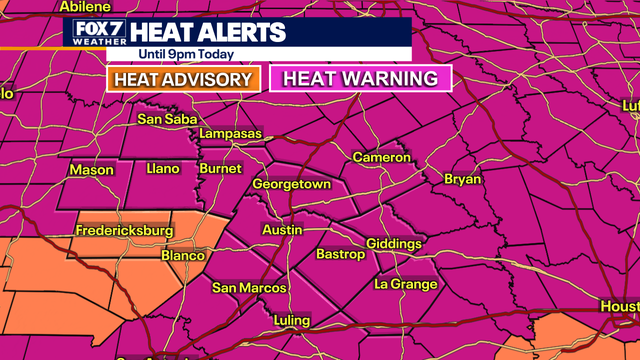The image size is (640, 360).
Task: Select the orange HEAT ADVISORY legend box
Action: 182,78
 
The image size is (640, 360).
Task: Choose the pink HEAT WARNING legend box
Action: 360,78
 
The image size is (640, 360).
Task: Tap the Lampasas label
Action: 230,134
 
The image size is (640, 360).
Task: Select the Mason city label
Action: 91,170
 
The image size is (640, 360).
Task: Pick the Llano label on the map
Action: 161,169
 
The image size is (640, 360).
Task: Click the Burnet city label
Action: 220,169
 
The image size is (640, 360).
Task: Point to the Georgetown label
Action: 291,185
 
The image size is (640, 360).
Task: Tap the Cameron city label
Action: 381,158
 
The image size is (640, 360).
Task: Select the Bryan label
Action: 463,180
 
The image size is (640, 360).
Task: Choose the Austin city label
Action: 281,230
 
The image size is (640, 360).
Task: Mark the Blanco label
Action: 183,255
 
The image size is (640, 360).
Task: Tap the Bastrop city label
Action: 343,255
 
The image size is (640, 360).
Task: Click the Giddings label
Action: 394,244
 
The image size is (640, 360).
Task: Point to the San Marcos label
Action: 249,288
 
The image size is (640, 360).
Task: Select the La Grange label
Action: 406,285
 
